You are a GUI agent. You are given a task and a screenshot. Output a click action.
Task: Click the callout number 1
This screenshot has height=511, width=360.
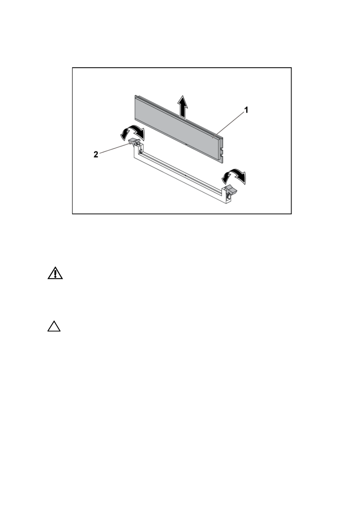[246, 110]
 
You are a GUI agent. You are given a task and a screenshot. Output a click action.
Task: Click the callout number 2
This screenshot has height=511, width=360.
[96, 155]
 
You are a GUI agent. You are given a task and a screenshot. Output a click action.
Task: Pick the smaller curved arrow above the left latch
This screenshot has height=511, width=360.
[125, 134]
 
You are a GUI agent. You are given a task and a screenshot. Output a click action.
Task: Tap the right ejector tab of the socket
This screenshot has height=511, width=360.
[231, 190]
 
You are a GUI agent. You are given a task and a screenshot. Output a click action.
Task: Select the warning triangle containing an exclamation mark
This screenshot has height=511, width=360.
[55, 273]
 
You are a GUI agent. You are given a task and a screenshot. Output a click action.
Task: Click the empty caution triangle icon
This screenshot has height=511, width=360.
[54, 326]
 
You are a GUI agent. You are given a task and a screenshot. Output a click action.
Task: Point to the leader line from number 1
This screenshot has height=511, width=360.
[228, 125]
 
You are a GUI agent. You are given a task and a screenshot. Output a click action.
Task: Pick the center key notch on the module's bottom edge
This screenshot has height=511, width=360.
[186, 145]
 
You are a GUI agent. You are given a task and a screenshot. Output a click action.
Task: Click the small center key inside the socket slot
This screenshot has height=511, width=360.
[185, 175]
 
